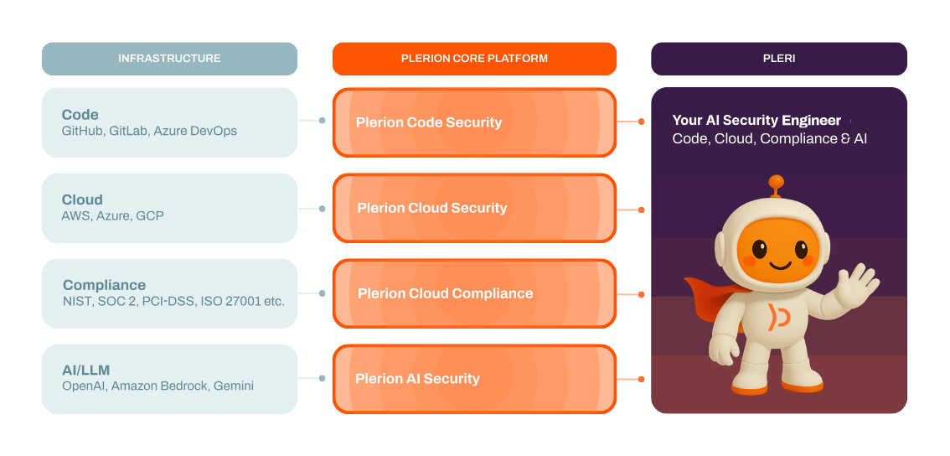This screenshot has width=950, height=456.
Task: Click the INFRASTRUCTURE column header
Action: pos(169,59)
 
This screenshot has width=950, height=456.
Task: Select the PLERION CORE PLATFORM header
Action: pos(474,59)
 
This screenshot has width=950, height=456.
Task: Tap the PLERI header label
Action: pos(778,59)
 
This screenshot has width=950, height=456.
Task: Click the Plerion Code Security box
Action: pos(474,122)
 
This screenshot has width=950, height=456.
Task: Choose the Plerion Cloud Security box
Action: pos(474,208)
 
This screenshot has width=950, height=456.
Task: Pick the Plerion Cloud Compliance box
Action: pos(474,293)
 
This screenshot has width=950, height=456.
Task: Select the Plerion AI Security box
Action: pos(474,379)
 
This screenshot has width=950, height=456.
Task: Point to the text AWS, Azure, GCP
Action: pos(112,216)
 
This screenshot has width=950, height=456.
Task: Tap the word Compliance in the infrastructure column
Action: pos(104,285)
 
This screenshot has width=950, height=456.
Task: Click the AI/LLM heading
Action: pos(85,370)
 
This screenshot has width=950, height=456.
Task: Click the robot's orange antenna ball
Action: pos(777,180)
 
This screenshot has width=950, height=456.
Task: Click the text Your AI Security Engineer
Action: pos(756,121)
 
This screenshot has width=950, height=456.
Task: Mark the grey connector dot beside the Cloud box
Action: pos(323,208)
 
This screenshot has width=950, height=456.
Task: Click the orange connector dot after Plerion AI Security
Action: pos(641,379)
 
